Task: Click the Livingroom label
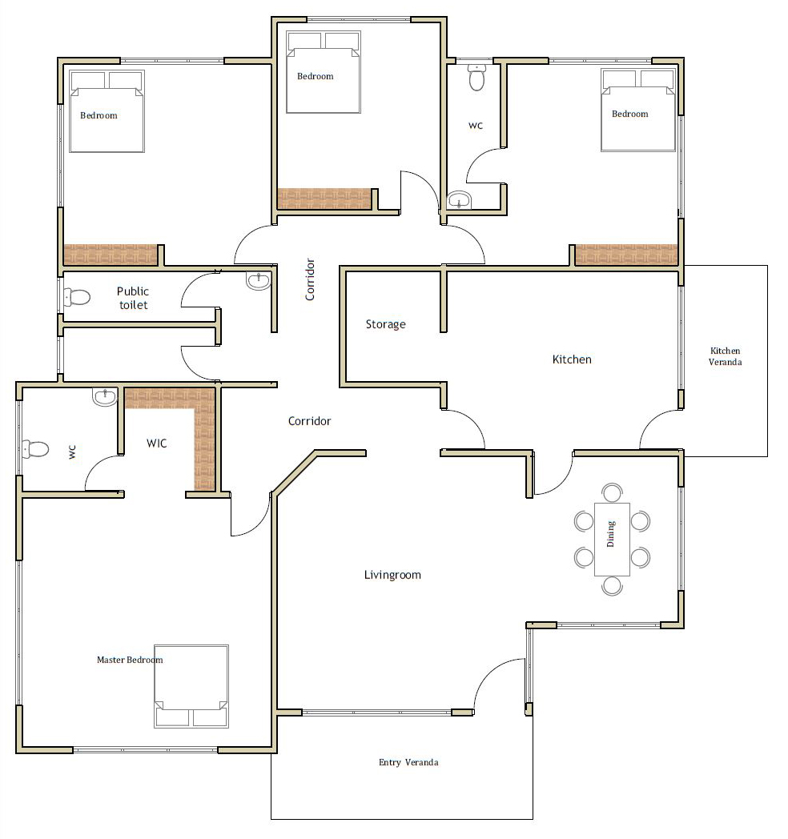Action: [x=392, y=575]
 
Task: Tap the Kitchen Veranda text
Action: [x=726, y=356]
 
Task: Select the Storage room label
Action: [x=385, y=324]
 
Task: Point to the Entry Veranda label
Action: [x=408, y=762]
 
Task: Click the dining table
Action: [x=612, y=540]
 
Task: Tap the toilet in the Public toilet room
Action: [x=77, y=297]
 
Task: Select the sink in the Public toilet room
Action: [x=259, y=280]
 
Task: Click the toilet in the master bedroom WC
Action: [x=35, y=449]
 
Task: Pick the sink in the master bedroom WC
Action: [x=104, y=397]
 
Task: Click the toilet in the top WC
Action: [x=476, y=78]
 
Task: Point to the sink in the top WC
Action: [x=459, y=200]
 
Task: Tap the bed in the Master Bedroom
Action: [x=191, y=687]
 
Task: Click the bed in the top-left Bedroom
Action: [x=107, y=111]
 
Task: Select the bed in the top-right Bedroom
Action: [x=638, y=110]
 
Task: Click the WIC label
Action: [x=157, y=444]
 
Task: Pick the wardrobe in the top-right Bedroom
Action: [x=626, y=255]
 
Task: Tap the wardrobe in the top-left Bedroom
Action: [x=111, y=255]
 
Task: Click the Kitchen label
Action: [x=572, y=359]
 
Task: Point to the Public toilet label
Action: [x=133, y=298]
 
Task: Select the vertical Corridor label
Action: [x=310, y=279]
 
